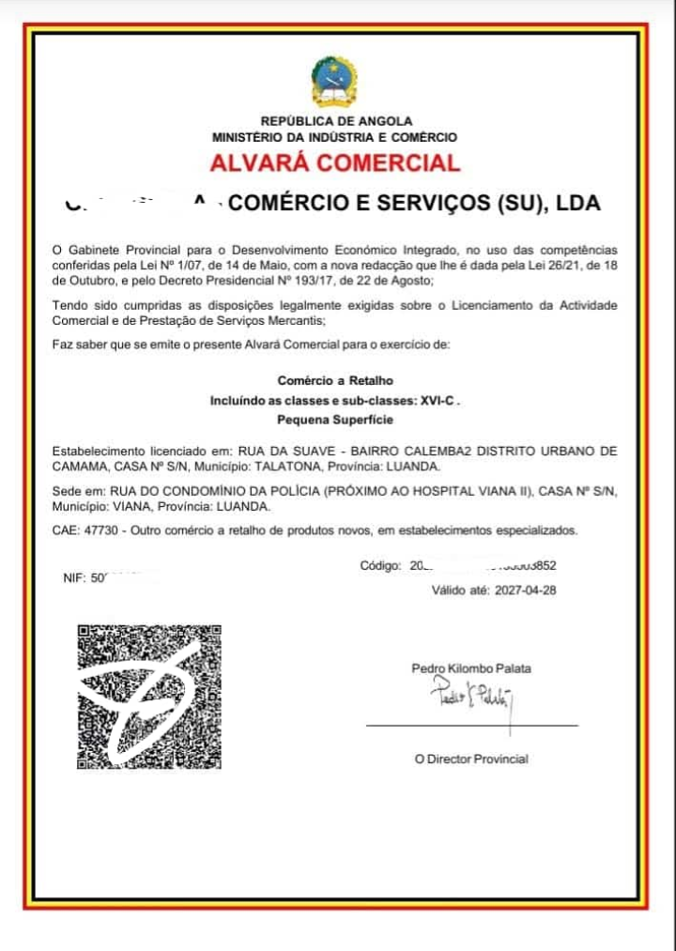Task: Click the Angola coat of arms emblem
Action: click(335, 83)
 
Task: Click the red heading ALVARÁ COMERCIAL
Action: click(335, 162)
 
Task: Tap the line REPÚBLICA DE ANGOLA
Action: click(336, 121)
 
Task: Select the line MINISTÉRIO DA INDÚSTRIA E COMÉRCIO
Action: click(335, 137)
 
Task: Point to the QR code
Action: click(149, 694)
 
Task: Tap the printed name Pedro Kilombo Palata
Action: click(471, 668)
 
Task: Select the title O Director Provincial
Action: click(471, 759)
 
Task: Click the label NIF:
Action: click(74, 579)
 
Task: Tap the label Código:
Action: click(380, 566)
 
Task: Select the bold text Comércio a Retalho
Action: click(335, 380)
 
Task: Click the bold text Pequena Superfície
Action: click(335, 420)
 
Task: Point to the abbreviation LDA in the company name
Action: click(578, 204)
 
